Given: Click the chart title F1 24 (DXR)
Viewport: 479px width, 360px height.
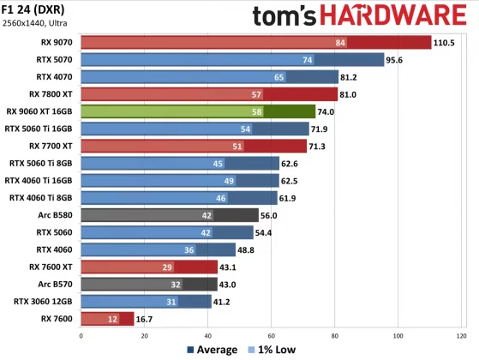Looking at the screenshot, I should [x=35, y=9].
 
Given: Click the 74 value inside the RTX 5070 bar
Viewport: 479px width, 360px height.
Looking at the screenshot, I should [x=331, y=59].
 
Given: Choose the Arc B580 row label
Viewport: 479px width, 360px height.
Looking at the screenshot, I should [x=52, y=215].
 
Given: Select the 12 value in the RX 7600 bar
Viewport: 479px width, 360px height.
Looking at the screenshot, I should [x=112, y=319].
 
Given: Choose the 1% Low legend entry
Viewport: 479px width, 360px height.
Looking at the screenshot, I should [x=273, y=350].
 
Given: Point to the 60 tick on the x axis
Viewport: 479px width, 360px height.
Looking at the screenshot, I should [x=271, y=334].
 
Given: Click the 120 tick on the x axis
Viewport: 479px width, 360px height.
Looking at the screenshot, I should [x=462, y=334].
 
